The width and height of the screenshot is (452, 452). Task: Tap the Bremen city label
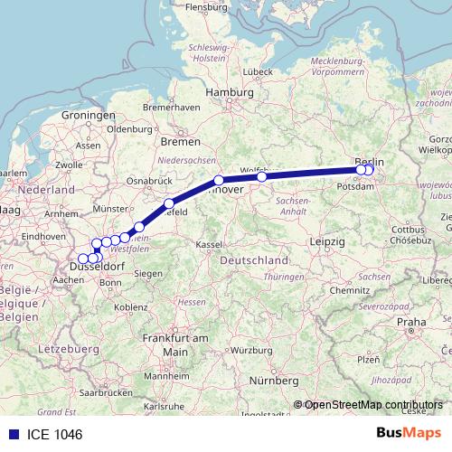[181, 142]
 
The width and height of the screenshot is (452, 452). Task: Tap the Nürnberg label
[272, 380]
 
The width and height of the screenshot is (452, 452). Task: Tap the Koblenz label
[132, 307]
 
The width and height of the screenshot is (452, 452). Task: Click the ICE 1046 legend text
[46, 434]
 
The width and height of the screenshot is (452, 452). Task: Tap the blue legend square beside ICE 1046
[12, 434]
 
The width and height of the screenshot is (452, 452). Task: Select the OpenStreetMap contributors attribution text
[373, 404]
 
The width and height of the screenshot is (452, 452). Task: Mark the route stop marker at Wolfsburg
[262, 177]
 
